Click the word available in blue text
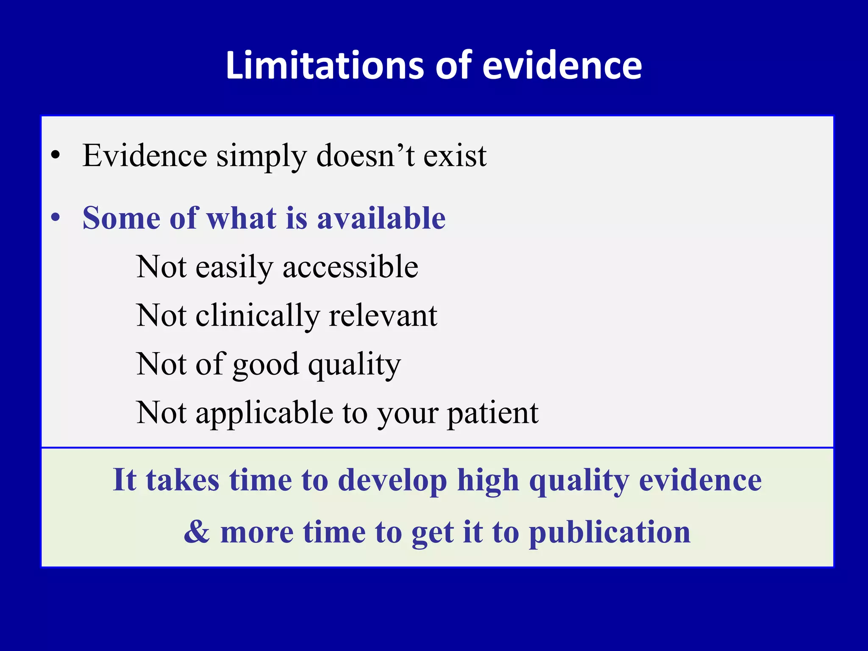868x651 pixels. pos(381,218)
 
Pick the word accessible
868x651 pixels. pos(351,267)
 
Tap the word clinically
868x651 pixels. pos(258,316)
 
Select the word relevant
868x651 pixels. pos(383,316)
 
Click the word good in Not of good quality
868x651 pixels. pos(266,365)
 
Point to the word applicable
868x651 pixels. pos(264,414)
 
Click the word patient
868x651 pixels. pos(493,414)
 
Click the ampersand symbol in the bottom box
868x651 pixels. pos(197,531)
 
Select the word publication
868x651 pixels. pos(610,532)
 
